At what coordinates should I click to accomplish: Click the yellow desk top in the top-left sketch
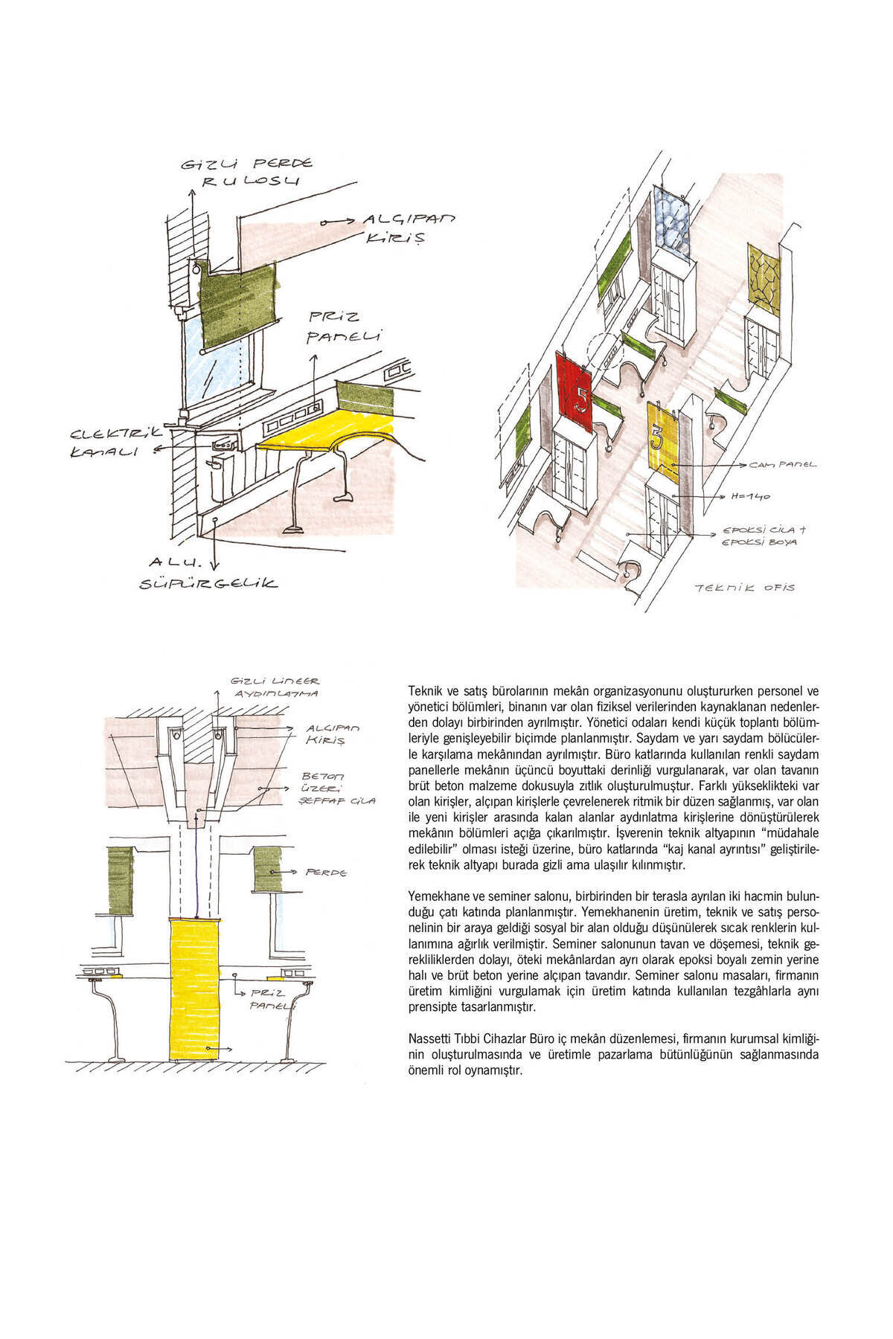click(x=327, y=434)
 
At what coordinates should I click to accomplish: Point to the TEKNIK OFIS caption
click(x=744, y=588)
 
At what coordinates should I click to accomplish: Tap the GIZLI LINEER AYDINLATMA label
click(x=275, y=687)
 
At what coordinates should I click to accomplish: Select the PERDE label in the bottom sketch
click(x=326, y=872)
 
